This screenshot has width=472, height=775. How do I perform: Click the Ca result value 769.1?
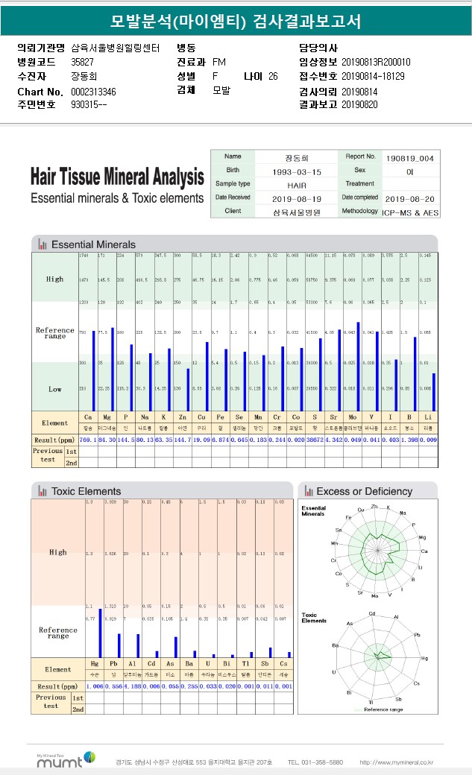coord(88,440)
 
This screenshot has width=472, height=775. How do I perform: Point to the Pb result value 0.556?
coord(113,686)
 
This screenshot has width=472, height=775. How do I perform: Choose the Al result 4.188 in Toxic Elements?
coord(133,686)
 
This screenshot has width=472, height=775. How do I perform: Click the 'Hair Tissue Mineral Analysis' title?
coord(117,178)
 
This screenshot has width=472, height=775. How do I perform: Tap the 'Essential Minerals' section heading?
coord(93,244)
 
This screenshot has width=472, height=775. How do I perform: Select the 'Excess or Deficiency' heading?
coord(364,491)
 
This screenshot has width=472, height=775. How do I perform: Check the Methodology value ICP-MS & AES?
coord(411,212)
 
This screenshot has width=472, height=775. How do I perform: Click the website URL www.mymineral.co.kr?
coord(396,762)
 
